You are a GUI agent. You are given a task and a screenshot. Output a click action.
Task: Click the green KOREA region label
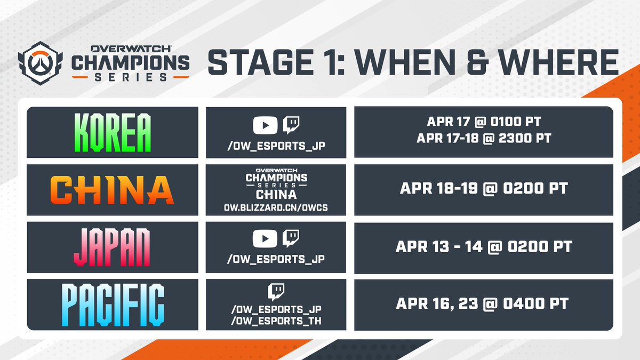113,132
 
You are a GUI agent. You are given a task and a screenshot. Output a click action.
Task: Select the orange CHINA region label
112,190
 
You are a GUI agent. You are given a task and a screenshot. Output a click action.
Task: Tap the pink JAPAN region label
111,247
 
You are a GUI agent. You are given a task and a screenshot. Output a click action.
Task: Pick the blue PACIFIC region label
113,305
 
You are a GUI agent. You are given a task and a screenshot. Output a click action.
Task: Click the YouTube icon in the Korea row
265,125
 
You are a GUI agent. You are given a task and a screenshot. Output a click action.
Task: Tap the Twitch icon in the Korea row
291,125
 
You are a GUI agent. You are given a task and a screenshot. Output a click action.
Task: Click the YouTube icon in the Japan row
265,238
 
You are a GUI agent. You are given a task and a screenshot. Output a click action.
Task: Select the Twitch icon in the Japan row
291,238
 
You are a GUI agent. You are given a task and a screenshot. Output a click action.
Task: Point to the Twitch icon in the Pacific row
276,292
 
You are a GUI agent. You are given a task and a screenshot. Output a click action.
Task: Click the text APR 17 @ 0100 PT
484,122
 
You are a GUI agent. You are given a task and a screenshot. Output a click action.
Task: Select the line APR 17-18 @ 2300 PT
484,138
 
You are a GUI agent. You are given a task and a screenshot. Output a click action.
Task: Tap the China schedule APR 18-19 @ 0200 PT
484,189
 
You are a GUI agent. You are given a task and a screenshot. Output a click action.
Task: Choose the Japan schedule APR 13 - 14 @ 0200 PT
484,246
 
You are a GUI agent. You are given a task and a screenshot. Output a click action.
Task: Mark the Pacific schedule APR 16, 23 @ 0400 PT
482,303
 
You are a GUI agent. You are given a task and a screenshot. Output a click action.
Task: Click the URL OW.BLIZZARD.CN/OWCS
276,207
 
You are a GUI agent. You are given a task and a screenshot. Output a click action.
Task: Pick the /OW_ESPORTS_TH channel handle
276,321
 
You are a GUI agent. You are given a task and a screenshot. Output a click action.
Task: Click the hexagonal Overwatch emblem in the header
41,63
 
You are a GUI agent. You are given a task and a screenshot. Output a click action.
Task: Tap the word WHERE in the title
559,62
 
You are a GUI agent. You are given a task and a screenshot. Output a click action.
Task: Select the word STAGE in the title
261,62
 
